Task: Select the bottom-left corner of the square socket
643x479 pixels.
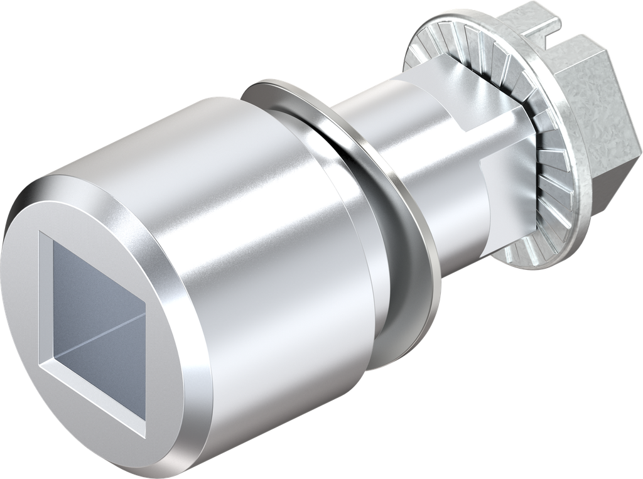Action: pyautogui.click(x=41, y=363)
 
